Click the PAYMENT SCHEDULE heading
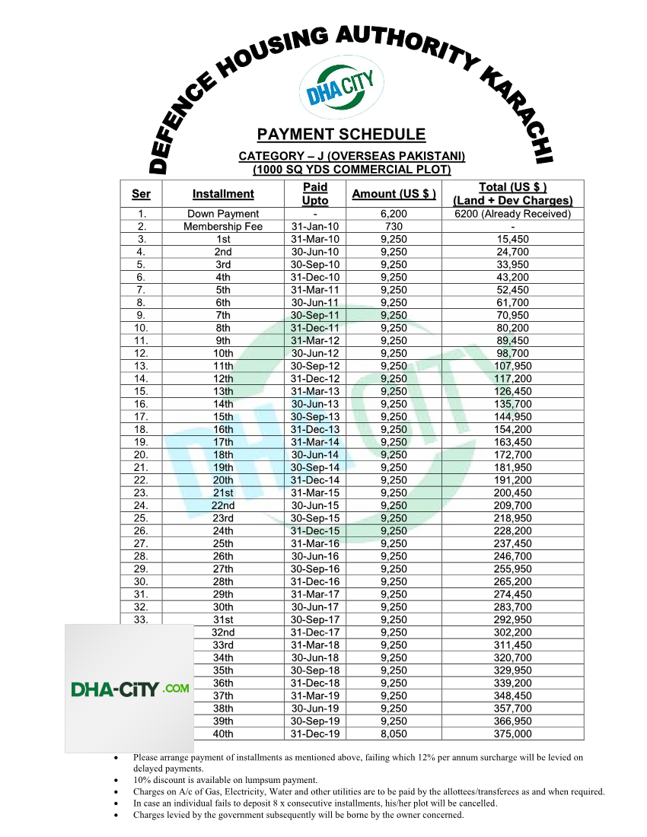(341, 135)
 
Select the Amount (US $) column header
(394, 194)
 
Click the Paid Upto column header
(315, 194)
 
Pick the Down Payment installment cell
(223, 214)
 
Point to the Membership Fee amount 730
(394, 227)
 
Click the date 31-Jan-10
(315, 227)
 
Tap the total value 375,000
(512, 734)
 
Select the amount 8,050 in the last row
(394, 734)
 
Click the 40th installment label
(223, 734)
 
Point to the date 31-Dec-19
(315, 734)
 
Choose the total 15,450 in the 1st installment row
(512, 239)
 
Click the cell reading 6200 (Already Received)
(512, 214)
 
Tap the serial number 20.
(141, 455)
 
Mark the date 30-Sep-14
(315, 467)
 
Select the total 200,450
(512, 493)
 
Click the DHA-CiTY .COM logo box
(129, 689)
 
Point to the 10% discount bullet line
(225, 780)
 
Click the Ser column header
(141, 194)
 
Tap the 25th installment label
(223, 543)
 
